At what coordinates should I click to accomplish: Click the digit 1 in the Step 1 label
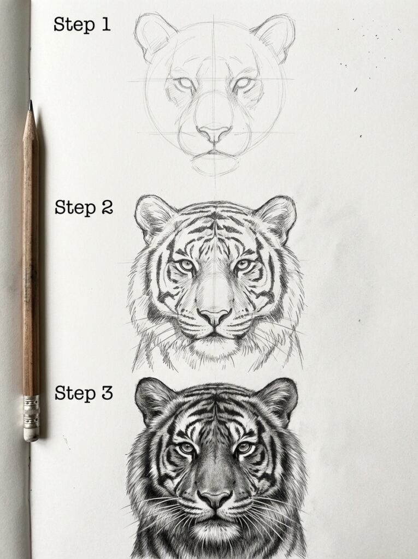(105, 24)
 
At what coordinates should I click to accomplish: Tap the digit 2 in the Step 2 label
(107, 207)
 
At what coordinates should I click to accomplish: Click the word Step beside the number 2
(75, 208)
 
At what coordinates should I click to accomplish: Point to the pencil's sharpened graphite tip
(31, 105)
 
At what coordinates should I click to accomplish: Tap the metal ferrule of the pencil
(31, 412)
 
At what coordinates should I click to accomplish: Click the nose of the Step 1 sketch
(214, 134)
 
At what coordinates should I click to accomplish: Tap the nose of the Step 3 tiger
(215, 499)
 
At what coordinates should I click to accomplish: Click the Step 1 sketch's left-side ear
(154, 35)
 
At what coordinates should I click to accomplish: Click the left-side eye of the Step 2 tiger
(186, 265)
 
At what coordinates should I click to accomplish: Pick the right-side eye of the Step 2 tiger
(243, 265)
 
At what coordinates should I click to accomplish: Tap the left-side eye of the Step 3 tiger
(186, 448)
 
